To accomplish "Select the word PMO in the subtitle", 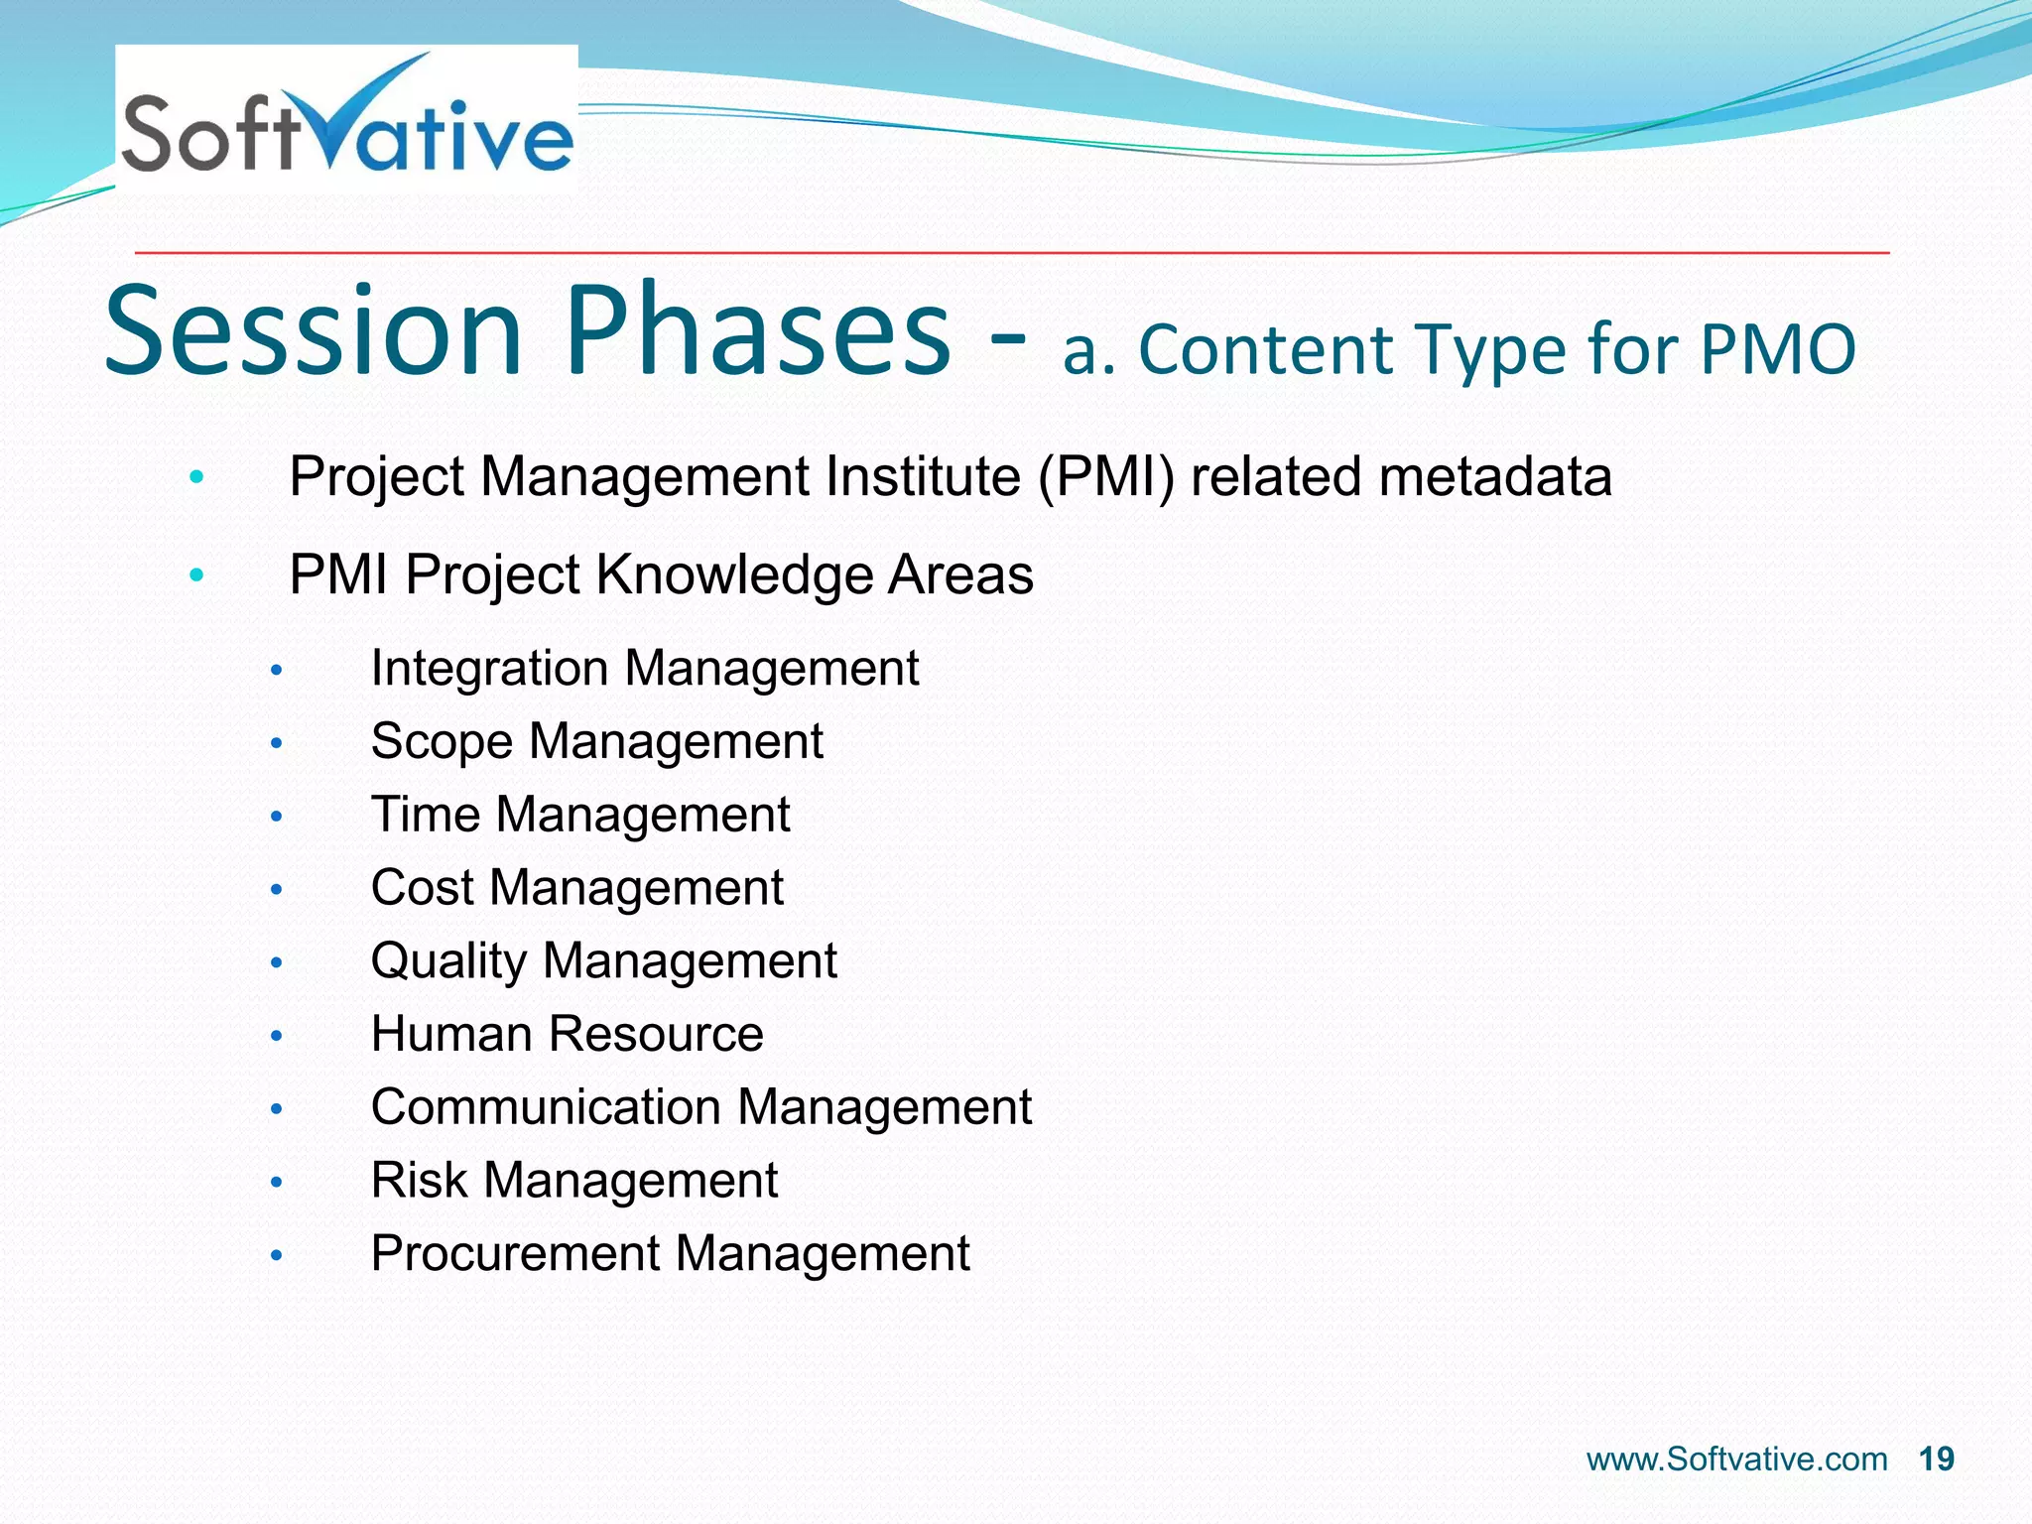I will (1777, 350).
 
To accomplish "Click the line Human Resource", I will (567, 1034).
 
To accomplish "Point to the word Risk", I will (419, 1181).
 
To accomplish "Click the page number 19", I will (1936, 1460).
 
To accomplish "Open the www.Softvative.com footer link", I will (1736, 1460).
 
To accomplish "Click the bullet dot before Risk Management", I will (277, 1183).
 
